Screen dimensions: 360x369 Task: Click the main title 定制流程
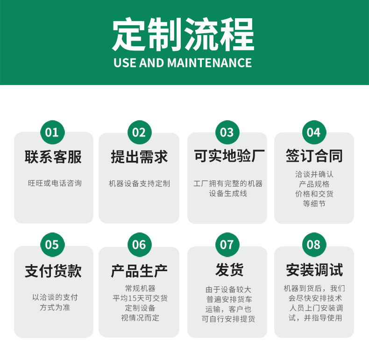point(183,35)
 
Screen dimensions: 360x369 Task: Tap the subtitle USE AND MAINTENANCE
point(183,63)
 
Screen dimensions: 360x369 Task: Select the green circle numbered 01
point(52,132)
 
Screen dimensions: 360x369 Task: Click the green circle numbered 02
point(139,132)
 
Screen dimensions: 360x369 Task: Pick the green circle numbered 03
point(227,132)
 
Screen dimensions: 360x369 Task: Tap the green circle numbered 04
point(314,132)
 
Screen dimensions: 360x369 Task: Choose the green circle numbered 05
point(52,245)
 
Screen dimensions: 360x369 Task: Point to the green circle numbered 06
point(139,245)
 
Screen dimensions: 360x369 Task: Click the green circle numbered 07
point(227,245)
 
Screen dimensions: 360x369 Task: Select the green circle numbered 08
point(314,245)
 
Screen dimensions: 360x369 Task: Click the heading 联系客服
point(53,157)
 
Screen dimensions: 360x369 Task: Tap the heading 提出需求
point(139,157)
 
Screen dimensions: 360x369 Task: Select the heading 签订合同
point(314,157)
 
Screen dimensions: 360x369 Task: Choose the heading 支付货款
point(53,270)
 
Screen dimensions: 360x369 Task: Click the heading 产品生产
point(139,270)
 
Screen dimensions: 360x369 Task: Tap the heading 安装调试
point(314,270)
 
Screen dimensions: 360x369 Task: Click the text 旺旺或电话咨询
point(55,183)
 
